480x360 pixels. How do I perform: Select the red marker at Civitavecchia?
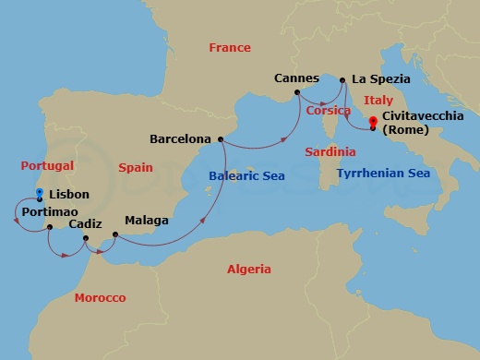tap(373, 122)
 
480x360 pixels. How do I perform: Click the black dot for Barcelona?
tap(221, 139)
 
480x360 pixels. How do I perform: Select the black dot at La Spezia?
tap(343, 80)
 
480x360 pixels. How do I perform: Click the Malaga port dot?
tap(114, 234)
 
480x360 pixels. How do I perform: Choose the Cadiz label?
tap(85, 223)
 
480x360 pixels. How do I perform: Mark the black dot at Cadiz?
tap(85, 238)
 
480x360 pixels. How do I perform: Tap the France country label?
tap(230, 47)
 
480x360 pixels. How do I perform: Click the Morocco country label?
tap(100, 297)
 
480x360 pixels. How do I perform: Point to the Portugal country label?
tap(46, 165)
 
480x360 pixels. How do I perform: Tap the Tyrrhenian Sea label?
tap(383, 173)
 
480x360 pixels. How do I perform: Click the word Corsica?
tap(329, 109)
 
